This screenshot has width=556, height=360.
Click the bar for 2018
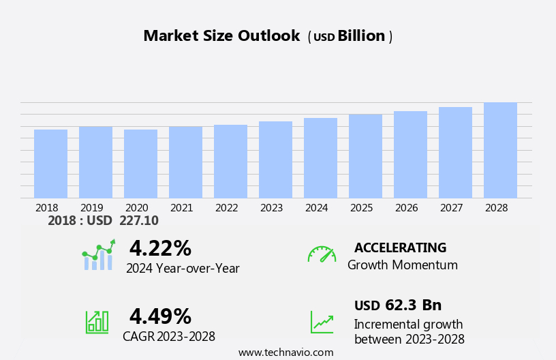click(50, 164)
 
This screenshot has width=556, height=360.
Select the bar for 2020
click(140, 164)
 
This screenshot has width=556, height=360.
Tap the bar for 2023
click(275, 160)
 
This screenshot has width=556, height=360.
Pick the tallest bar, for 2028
click(500, 150)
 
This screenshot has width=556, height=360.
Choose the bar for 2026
click(410, 155)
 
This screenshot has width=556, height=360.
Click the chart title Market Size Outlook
click(221, 36)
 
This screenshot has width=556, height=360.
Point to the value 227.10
click(138, 221)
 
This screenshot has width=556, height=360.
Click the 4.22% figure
click(160, 248)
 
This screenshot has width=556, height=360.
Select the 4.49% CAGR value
click(160, 316)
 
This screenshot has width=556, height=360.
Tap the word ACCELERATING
click(400, 248)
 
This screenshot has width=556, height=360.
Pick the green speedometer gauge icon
click(322, 255)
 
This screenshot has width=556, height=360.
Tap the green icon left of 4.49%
click(97, 321)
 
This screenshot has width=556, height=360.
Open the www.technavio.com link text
click(285, 352)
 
